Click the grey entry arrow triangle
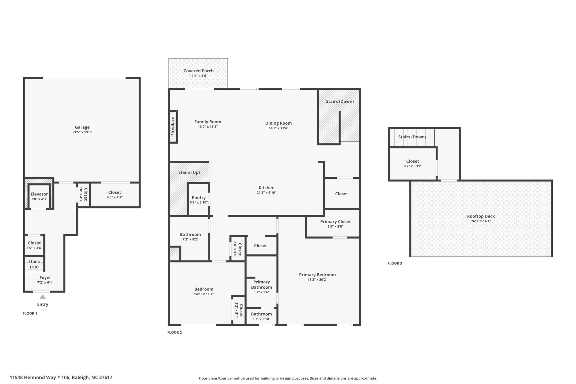click(42, 297)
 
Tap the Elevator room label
click(39, 194)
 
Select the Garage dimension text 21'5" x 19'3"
click(82, 132)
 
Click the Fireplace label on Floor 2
click(173, 126)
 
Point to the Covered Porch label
click(199, 71)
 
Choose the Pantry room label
click(199, 197)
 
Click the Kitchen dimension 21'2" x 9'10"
click(266, 193)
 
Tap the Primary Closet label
click(336, 222)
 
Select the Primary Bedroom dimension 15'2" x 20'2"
click(317, 280)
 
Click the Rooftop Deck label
click(481, 216)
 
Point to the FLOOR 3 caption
click(395, 264)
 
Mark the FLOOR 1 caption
click(30, 313)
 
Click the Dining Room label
click(278, 123)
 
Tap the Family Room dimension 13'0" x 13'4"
click(208, 127)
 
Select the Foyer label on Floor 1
click(45, 278)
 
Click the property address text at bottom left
click(61, 378)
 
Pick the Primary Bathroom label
click(262, 285)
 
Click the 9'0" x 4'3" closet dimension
click(114, 197)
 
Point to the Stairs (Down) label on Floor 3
click(412, 137)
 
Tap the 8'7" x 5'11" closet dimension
click(413, 166)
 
